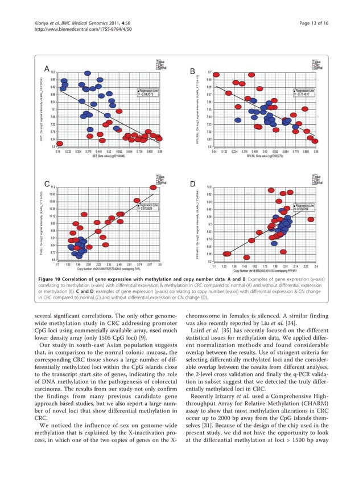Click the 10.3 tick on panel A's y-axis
tap(53, 72)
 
